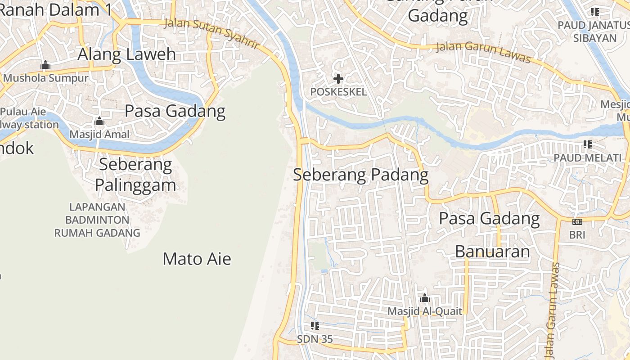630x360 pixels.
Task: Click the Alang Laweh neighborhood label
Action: tap(127, 54)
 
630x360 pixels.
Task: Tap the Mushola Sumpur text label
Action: tap(45, 78)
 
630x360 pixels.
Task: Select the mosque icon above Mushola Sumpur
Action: tap(45, 65)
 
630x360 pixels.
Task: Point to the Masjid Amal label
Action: tap(99, 134)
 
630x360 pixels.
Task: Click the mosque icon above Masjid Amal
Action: tap(99, 121)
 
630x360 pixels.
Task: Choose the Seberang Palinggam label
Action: tap(135, 175)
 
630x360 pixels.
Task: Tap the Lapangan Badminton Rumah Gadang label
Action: tap(97, 220)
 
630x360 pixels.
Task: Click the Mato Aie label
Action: tap(197, 259)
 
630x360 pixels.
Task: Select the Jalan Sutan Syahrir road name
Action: tap(211, 33)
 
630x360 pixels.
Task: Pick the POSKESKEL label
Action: tap(338, 92)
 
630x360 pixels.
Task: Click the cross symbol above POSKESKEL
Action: tap(338, 79)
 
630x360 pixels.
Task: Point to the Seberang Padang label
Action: tap(360, 175)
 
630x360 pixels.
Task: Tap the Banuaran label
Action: tap(492, 252)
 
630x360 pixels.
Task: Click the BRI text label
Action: tap(577, 234)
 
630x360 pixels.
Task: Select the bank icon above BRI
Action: tap(577, 221)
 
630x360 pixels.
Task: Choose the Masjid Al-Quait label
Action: tap(425, 311)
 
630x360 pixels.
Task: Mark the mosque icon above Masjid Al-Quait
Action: tap(424, 298)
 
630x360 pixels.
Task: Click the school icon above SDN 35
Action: tap(315, 325)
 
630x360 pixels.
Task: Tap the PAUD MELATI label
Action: tap(587, 157)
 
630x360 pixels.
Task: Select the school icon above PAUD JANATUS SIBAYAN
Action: tap(595, 12)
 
